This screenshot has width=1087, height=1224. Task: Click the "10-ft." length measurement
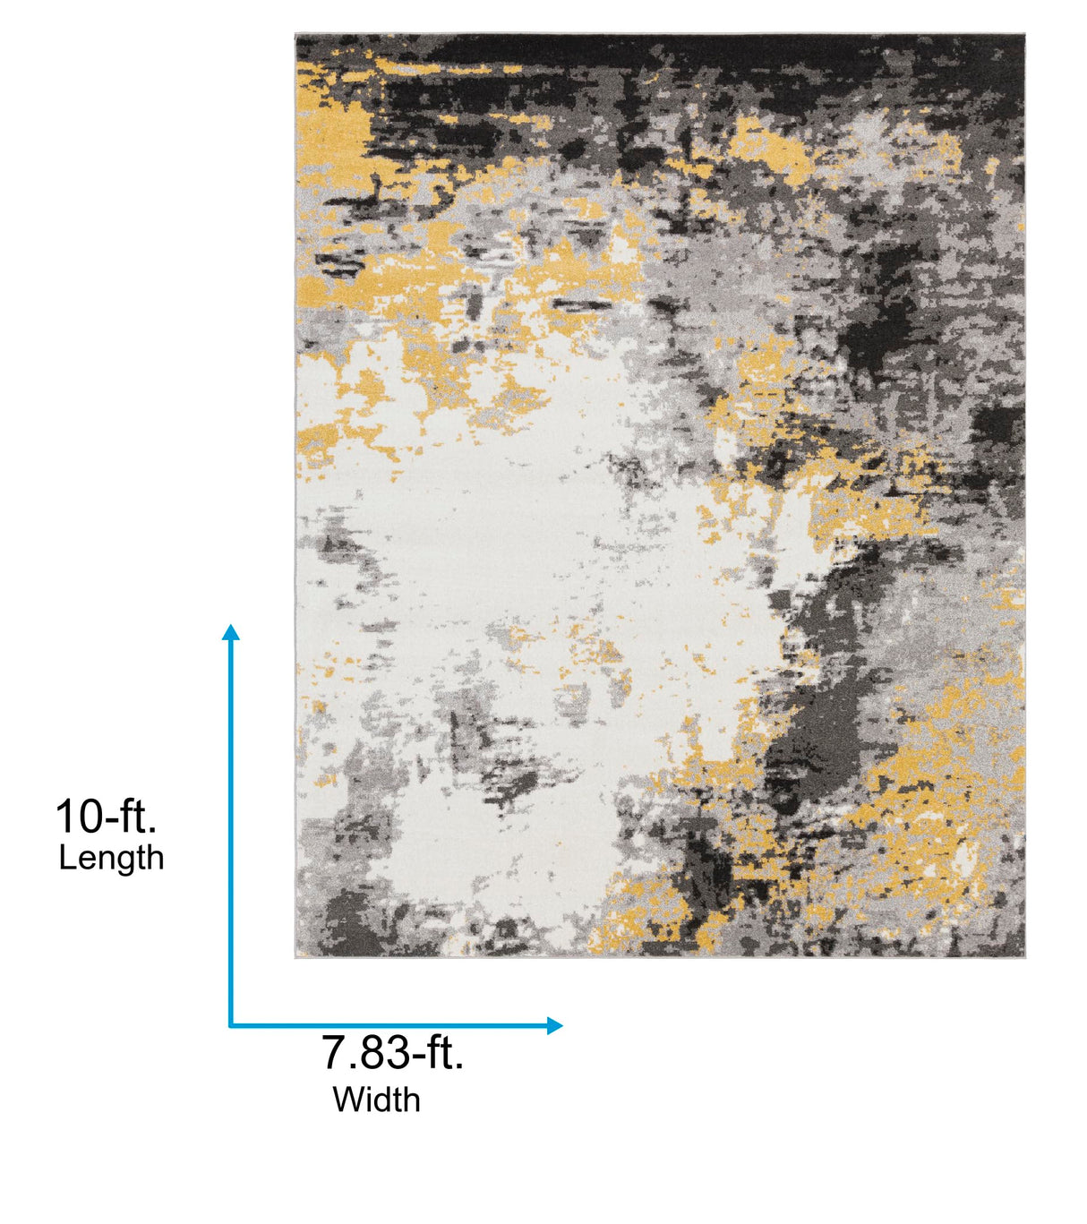point(106,817)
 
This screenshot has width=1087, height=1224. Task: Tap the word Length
point(111,858)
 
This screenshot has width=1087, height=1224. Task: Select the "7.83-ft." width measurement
point(393,1052)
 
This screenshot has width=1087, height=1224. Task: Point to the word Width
point(376,1100)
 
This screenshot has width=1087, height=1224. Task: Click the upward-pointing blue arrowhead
point(230,632)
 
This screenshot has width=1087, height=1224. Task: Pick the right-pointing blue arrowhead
point(554,1025)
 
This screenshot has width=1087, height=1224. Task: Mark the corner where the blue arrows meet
point(230,1025)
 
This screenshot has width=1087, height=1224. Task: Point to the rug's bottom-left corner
point(297,956)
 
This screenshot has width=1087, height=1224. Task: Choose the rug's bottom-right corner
point(1023,956)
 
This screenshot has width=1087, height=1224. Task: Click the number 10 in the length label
point(76,817)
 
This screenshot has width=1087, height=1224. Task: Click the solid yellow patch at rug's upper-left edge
point(327,134)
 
